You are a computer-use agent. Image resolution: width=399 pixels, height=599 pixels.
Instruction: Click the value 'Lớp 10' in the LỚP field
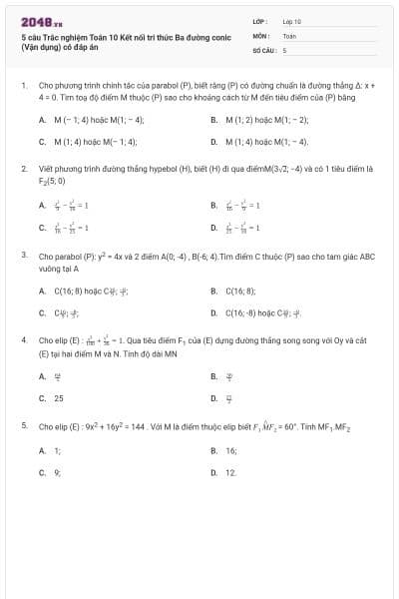pos(292,20)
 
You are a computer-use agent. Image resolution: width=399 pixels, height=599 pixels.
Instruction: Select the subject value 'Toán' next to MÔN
pos(289,35)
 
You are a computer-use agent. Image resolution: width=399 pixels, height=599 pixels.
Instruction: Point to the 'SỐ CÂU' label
pos(262,49)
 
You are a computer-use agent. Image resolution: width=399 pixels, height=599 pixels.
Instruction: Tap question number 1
pos(23,86)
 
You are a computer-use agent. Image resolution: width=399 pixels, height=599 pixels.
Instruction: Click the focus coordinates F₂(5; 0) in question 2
pos(53,181)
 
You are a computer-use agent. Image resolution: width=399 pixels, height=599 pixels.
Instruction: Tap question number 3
pos(23,256)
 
